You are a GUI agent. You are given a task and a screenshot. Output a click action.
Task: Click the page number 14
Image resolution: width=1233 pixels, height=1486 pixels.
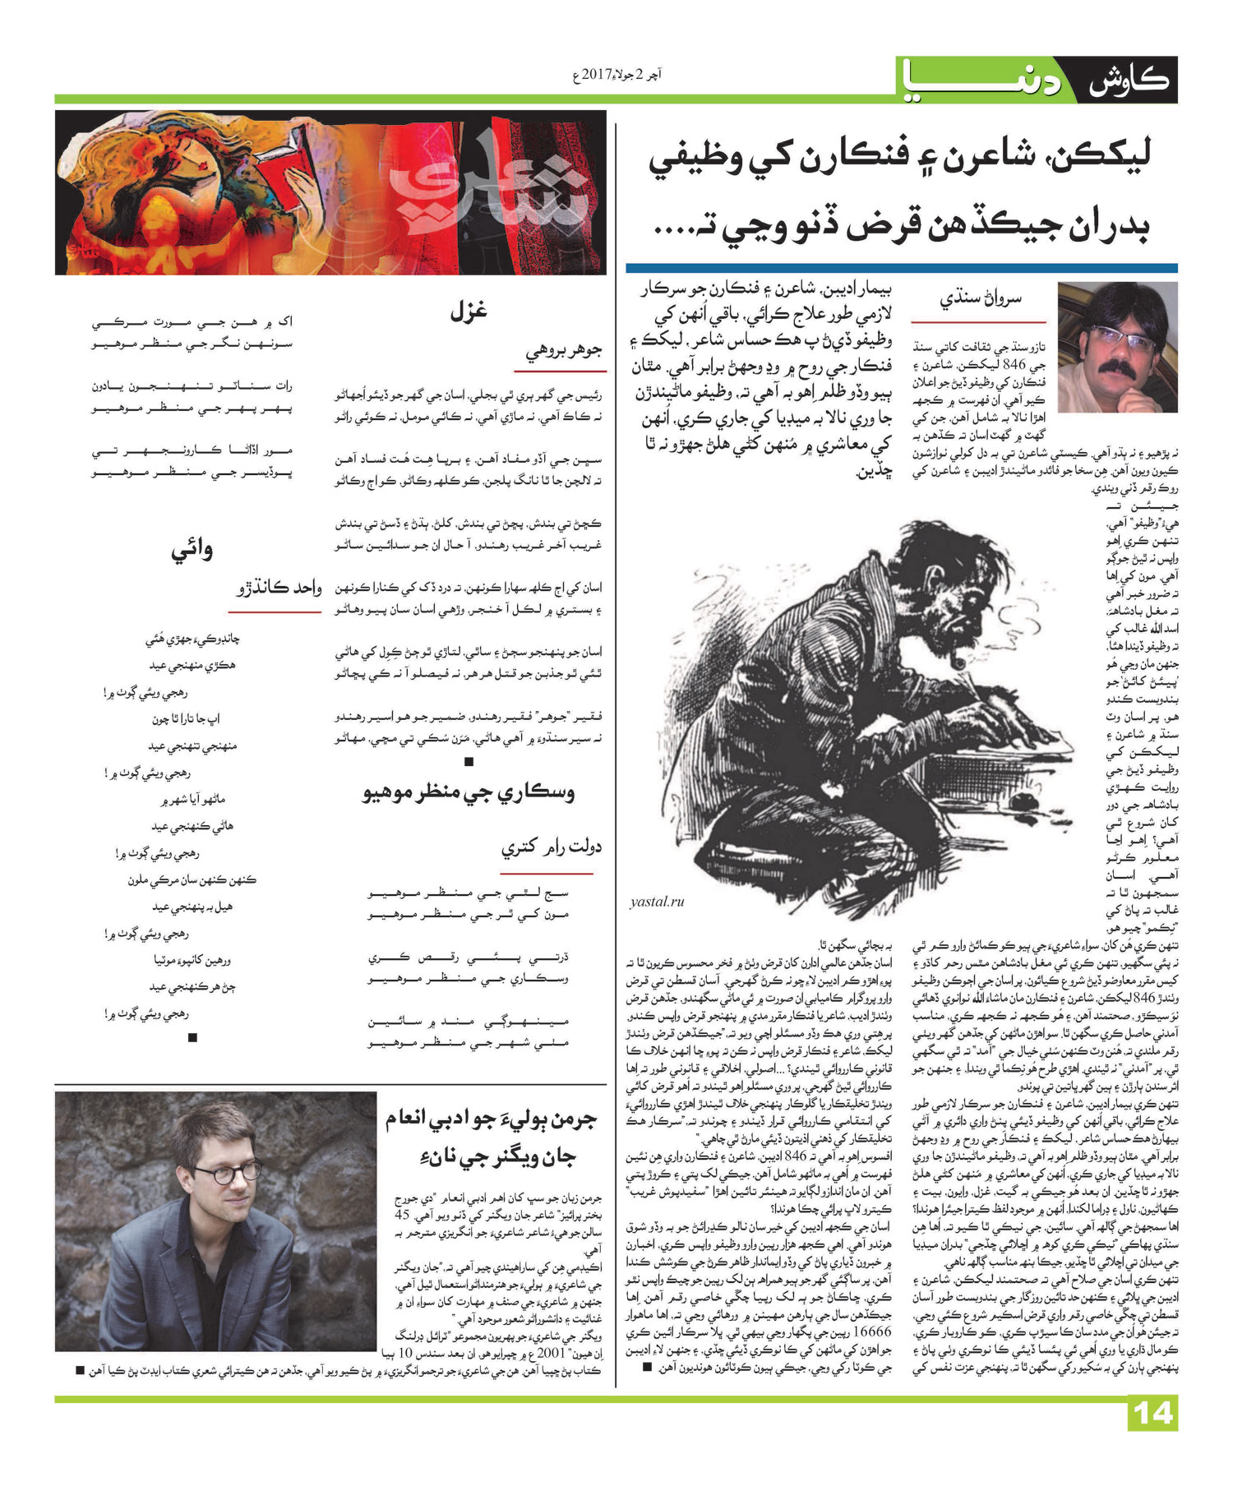tap(1154, 1413)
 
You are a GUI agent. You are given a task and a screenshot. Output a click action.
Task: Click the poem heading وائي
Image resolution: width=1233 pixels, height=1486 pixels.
tap(192, 550)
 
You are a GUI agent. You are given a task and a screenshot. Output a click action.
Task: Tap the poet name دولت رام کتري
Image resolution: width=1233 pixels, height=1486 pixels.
tap(551, 847)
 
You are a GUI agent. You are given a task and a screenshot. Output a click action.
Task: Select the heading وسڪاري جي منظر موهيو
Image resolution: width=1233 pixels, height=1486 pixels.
tap(469, 793)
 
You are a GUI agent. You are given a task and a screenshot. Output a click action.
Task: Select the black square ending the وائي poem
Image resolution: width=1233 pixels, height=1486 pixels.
tap(192, 1037)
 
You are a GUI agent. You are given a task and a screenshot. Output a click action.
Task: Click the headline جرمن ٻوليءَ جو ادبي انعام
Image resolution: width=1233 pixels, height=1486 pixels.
tap(492, 1120)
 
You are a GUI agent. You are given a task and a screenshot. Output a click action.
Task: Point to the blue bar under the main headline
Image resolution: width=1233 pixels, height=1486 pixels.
tap(901, 268)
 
